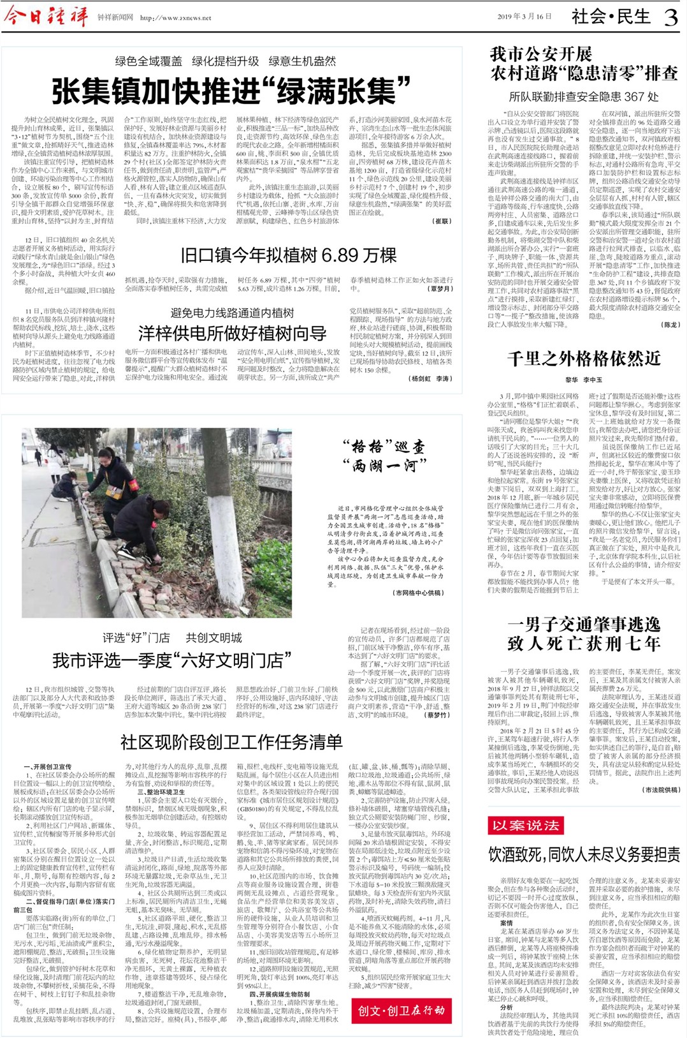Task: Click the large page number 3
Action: [x=670, y=17]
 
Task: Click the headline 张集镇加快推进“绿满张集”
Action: [x=231, y=91]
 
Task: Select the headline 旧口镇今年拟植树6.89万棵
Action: [x=289, y=256]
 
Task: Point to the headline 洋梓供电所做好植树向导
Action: [x=232, y=333]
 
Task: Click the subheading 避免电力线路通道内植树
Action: [x=232, y=313]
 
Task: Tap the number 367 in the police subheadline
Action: [x=634, y=97]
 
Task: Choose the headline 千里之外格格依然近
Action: [x=584, y=359]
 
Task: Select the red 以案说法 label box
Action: [x=526, y=826]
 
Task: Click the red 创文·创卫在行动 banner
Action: [x=401, y=1011]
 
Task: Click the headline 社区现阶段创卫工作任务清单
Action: [x=231, y=742]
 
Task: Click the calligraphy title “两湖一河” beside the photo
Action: [x=384, y=466]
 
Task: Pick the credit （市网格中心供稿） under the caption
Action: [x=418, y=593]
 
